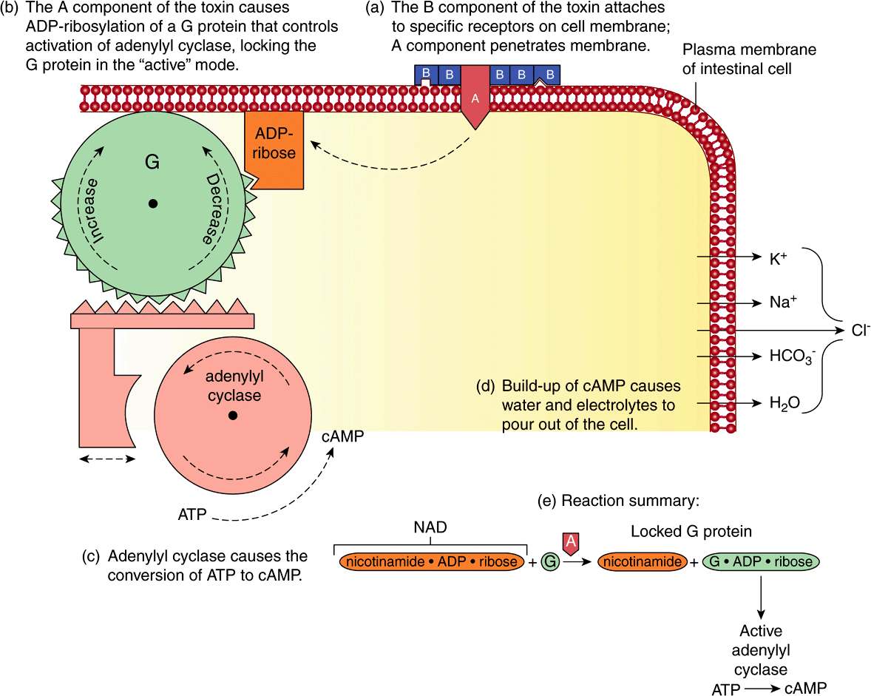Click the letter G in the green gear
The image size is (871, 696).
[152, 162]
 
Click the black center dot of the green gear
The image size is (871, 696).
[153, 203]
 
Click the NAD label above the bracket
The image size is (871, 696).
[430, 530]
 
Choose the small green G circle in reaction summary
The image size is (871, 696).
[550, 562]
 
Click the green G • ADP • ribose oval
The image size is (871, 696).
[762, 562]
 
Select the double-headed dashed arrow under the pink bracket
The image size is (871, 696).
[107, 459]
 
